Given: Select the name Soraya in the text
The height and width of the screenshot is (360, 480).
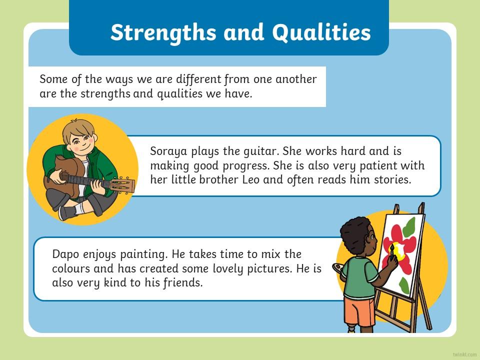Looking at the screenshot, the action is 168,151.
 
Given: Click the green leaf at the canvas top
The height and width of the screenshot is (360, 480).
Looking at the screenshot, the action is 409,227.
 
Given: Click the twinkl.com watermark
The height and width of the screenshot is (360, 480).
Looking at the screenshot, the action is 464,354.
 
